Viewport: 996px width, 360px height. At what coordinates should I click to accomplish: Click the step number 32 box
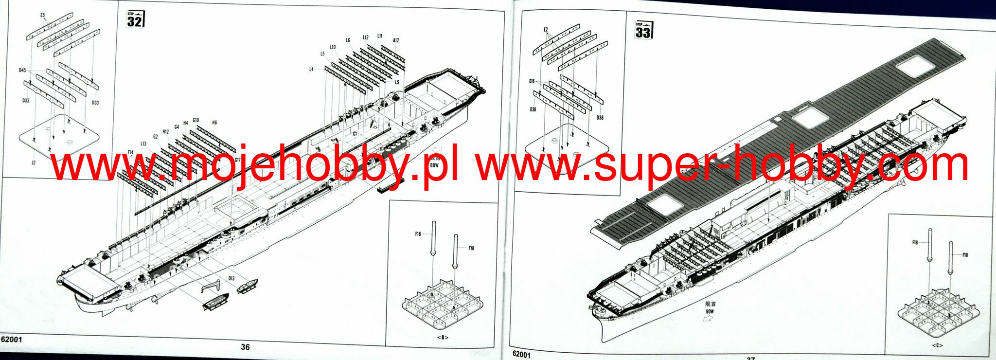(135, 19)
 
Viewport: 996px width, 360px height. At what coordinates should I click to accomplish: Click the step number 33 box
(642, 30)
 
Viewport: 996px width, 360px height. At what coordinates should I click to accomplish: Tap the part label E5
(43, 16)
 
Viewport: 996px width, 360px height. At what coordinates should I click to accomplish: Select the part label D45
(23, 71)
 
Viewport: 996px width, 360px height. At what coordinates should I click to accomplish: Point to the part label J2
(33, 163)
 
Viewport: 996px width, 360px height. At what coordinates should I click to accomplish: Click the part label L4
(311, 69)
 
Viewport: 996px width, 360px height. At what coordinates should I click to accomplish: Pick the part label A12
(396, 40)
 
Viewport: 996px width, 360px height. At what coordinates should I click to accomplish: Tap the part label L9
(397, 82)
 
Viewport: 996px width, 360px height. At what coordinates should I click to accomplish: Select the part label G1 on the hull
(355, 134)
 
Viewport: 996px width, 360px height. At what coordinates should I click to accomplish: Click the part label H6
(214, 123)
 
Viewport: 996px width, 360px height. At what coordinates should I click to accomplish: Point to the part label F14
(130, 153)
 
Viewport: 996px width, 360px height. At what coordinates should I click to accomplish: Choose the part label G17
(237, 160)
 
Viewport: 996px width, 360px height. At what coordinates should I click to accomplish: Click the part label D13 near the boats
(231, 279)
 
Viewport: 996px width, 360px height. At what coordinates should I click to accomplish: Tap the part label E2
(546, 30)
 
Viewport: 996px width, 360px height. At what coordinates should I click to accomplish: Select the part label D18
(532, 81)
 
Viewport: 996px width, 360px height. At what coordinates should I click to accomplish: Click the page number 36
(245, 347)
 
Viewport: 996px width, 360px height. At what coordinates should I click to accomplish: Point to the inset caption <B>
(443, 337)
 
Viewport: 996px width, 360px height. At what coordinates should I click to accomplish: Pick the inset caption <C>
(938, 345)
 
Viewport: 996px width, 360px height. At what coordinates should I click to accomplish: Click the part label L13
(143, 144)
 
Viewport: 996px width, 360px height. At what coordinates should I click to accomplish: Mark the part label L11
(380, 36)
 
